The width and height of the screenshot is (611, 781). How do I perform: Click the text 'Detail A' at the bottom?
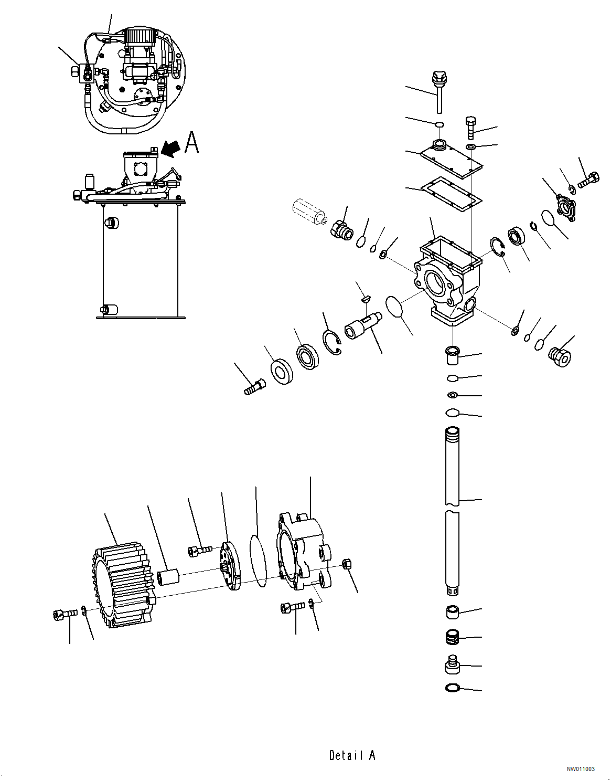(352, 755)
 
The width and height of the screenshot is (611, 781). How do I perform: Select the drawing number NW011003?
(580, 769)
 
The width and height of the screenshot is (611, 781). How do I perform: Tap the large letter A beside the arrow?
(192, 143)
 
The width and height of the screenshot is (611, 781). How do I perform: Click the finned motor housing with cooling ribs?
(123, 585)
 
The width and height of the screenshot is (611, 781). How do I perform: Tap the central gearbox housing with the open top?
(448, 278)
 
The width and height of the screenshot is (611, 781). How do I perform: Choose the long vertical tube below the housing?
(452, 509)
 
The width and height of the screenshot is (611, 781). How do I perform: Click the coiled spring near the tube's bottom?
(452, 638)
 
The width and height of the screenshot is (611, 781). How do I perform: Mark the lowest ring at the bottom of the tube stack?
(452, 688)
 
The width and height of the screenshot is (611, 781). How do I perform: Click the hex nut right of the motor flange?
(347, 564)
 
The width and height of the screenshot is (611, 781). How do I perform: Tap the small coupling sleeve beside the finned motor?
(168, 577)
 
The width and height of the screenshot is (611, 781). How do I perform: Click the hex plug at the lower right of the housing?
(560, 356)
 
